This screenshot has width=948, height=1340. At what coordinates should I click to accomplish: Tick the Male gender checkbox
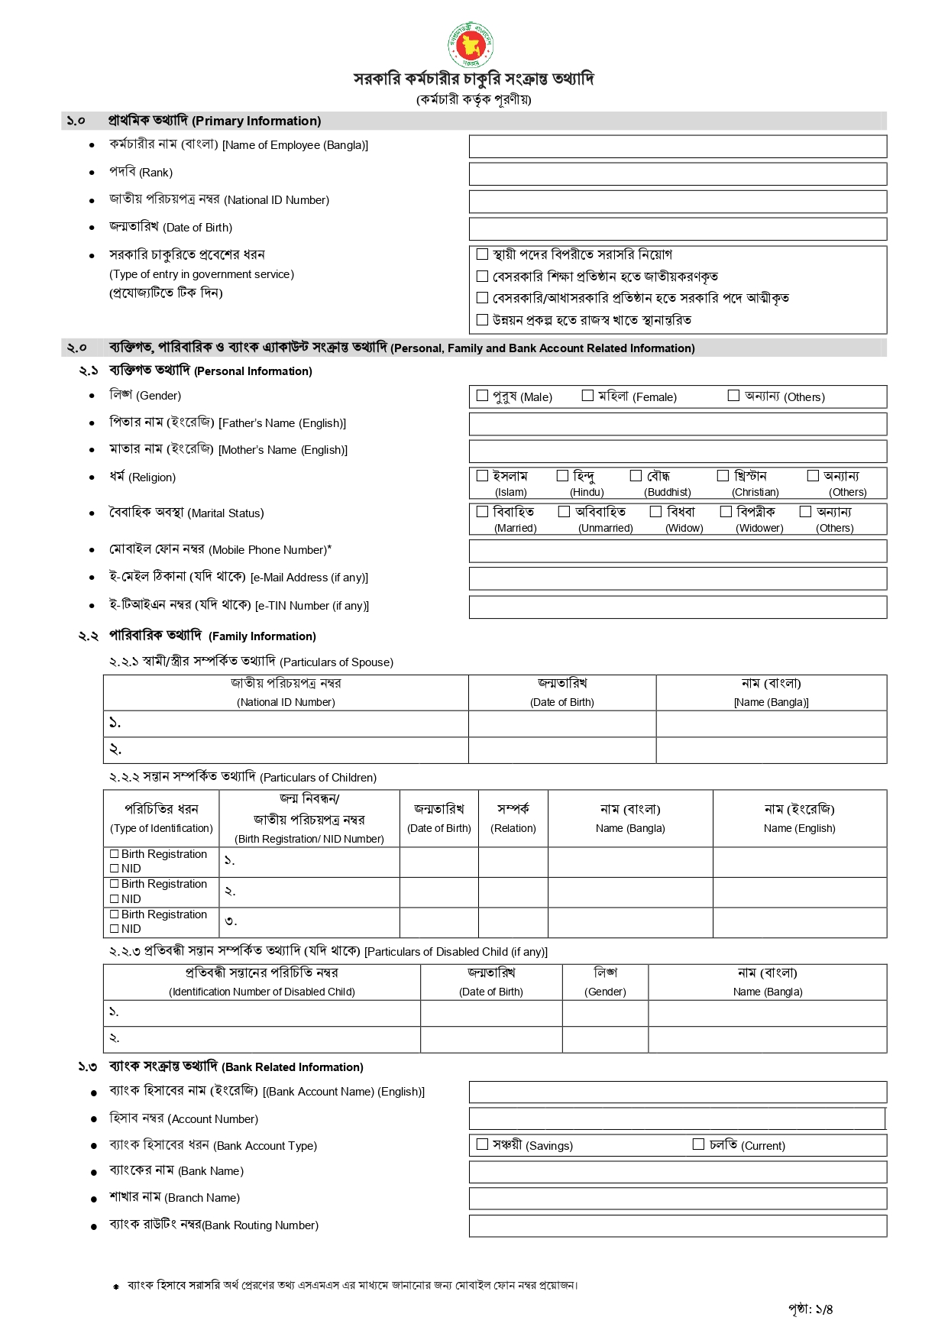[482, 396]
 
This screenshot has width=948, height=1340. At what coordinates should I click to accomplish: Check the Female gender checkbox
[587, 396]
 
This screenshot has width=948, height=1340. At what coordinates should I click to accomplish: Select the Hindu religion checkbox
[562, 476]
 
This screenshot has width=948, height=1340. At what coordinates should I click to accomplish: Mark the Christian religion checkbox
[723, 476]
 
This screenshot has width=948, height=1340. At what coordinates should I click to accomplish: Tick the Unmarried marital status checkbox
[564, 512]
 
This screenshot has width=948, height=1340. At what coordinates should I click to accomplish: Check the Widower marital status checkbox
[726, 512]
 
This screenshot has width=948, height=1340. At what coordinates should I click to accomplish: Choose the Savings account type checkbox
[482, 1144]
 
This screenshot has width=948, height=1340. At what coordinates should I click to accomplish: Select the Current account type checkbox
[698, 1144]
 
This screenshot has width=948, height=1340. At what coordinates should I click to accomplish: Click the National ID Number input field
[678, 202]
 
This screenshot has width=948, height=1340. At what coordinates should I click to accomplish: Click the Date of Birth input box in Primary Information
[678, 229]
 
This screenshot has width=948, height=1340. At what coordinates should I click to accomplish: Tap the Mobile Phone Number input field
[678, 551]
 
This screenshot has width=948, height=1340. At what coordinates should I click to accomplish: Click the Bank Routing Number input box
[678, 1225]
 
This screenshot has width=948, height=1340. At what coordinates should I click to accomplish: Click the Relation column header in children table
[513, 817]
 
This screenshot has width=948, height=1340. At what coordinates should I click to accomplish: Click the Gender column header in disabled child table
[605, 982]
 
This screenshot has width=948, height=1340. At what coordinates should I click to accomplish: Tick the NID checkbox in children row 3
[115, 929]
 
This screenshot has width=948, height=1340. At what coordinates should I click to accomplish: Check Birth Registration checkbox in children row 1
[115, 854]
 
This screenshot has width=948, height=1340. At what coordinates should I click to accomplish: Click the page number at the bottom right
[810, 1309]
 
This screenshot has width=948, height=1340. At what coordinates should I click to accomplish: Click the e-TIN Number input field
[678, 607]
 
